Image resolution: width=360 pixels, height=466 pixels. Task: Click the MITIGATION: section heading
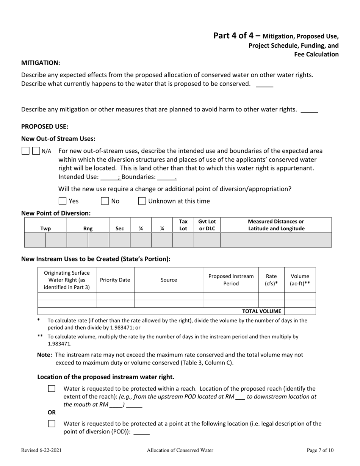(41, 63)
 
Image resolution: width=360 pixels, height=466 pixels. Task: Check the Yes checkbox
(63, 201)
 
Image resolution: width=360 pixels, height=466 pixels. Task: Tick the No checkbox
(105, 201)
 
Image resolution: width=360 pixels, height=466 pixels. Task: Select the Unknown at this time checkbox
(142, 201)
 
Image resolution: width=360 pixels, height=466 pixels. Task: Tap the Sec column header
(119, 228)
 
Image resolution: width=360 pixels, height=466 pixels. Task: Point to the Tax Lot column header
(183, 225)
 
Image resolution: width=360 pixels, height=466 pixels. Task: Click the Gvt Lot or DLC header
(207, 225)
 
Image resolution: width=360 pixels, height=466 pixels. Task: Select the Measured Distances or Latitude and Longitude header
(275, 225)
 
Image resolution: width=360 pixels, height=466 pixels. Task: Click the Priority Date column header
(115, 280)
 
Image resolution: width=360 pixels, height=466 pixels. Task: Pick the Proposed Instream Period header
(231, 280)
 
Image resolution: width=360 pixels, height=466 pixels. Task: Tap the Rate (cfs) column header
(271, 280)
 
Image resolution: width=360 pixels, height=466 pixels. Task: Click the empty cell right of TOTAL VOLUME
(299, 311)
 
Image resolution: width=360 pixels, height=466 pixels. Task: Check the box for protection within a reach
(52, 389)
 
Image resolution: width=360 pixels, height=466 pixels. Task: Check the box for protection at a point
(52, 424)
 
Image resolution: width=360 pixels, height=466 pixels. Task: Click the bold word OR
(41, 412)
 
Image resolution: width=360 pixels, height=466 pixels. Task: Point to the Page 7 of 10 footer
(320, 450)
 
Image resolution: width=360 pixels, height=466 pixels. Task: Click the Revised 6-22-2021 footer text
(41, 450)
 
